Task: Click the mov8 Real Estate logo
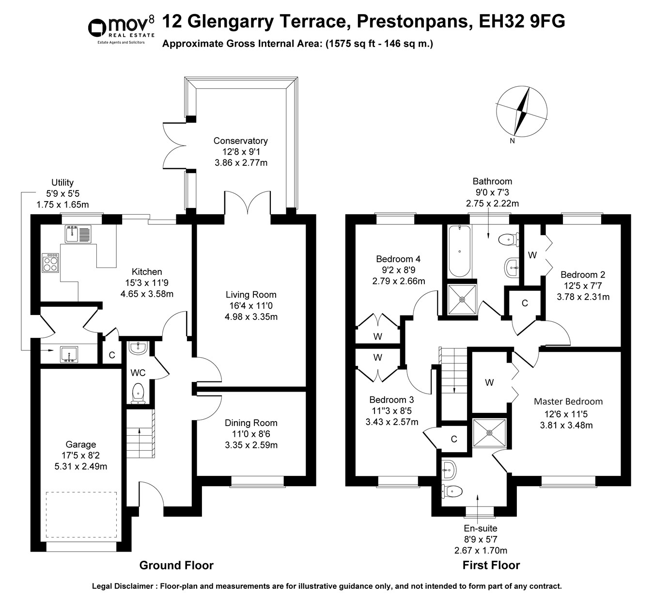pyautogui.click(x=121, y=30)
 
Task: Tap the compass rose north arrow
pyautogui.click(x=522, y=111)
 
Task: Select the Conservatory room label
pyautogui.click(x=241, y=141)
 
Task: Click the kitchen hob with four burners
pyautogui.click(x=50, y=263)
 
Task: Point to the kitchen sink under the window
pyautogui.click(x=78, y=234)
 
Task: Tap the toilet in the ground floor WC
pyautogui.click(x=138, y=394)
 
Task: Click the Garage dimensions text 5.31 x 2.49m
pyautogui.click(x=81, y=467)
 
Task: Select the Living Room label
pyautogui.click(x=251, y=295)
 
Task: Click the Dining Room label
pyautogui.click(x=251, y=423)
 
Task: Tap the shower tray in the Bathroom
pyautogui.click(x=462, y=299)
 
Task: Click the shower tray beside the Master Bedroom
pyautogui.click(x=489, y=433)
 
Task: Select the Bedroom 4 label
pyautogui.click(x=398, y=259)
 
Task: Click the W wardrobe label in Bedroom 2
pyautogui.click(x=532, y=255)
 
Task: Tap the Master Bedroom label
pyautogui.click(x=568, y=402)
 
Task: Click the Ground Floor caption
pyautogui.click(x=176, y=565)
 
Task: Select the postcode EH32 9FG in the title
pyautogui.click(x=522, y=21)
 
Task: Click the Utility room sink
pyautogui.click(x=69, y=355)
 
